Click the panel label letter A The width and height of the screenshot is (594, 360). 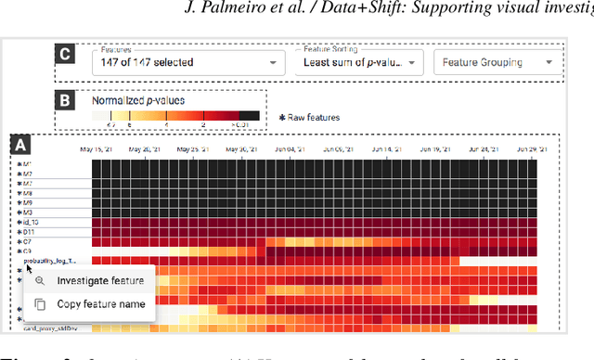[19, 145]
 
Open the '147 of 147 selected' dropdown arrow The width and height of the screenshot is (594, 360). [273, 63]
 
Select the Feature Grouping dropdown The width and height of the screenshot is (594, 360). [497, 63]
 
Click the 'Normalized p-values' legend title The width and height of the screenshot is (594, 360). [137, 99]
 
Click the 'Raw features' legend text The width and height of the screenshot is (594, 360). [314, 118]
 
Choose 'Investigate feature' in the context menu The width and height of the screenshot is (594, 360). [100, 281]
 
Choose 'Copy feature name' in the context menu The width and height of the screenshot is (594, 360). [101, 303]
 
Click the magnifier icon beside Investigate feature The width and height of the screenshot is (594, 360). [39, 281]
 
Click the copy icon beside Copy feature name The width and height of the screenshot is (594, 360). [39, 303]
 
